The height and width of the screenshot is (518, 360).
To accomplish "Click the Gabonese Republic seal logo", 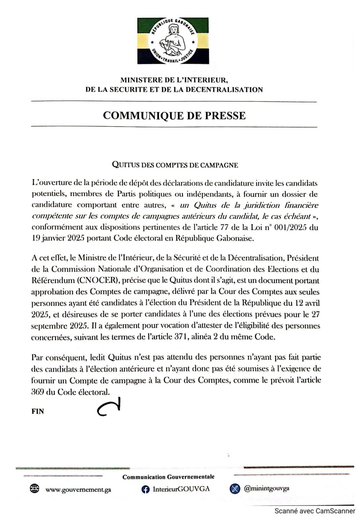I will click(x=173, y=41).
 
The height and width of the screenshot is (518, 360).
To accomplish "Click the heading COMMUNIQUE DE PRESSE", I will click(x=174, y=115).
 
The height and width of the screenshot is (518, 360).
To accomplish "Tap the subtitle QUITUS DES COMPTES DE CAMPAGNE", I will click(x=175, y=165).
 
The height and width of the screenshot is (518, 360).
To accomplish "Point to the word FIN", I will click(x=38, y=412).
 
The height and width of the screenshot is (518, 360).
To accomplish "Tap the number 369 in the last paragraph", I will click(x=38, y=392).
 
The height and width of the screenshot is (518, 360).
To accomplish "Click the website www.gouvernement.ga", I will click(x=78, y=490).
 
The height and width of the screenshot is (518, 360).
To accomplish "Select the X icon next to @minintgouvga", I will click(x=235, y=489).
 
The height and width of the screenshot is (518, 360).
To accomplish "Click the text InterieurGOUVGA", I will click(x=181, y=489).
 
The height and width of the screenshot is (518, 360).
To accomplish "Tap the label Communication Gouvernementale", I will click(x=168, y=477).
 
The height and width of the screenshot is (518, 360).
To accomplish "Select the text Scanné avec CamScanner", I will click(x=315, y=511).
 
